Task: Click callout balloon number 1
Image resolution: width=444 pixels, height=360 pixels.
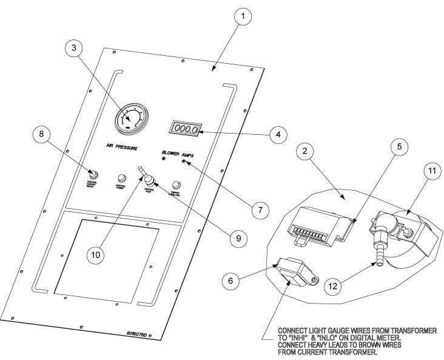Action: click(x=242, y=17)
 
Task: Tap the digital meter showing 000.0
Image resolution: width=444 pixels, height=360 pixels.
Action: click(x=185, y=129)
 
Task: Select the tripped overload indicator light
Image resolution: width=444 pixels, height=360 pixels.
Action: click(x=177, y=184)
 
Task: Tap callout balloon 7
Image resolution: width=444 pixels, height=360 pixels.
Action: click(x=259, y=210)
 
